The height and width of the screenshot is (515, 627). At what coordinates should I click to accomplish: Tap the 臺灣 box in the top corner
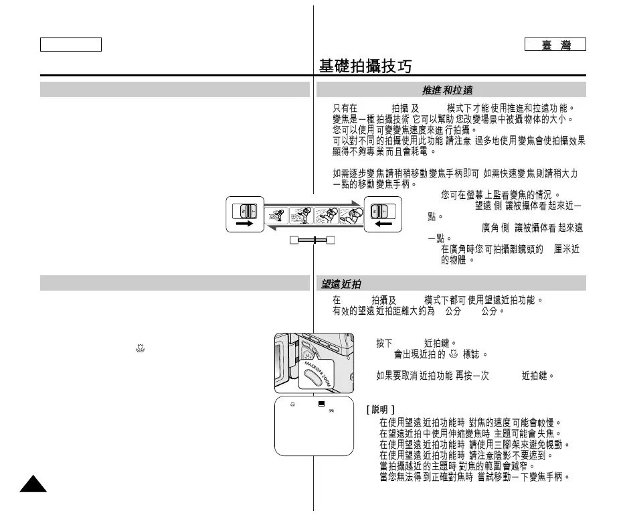tap(555, 45)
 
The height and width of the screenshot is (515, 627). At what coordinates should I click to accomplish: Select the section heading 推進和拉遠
tap(452, 90)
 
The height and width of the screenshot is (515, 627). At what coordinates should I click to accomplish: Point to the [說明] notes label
tap(380, 409)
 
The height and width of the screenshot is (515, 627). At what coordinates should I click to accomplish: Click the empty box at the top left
tap(70, 45)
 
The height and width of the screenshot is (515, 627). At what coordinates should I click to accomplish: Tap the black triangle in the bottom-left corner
tap(33, 484)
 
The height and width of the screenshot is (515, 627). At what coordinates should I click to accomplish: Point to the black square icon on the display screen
tap(321, 404)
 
